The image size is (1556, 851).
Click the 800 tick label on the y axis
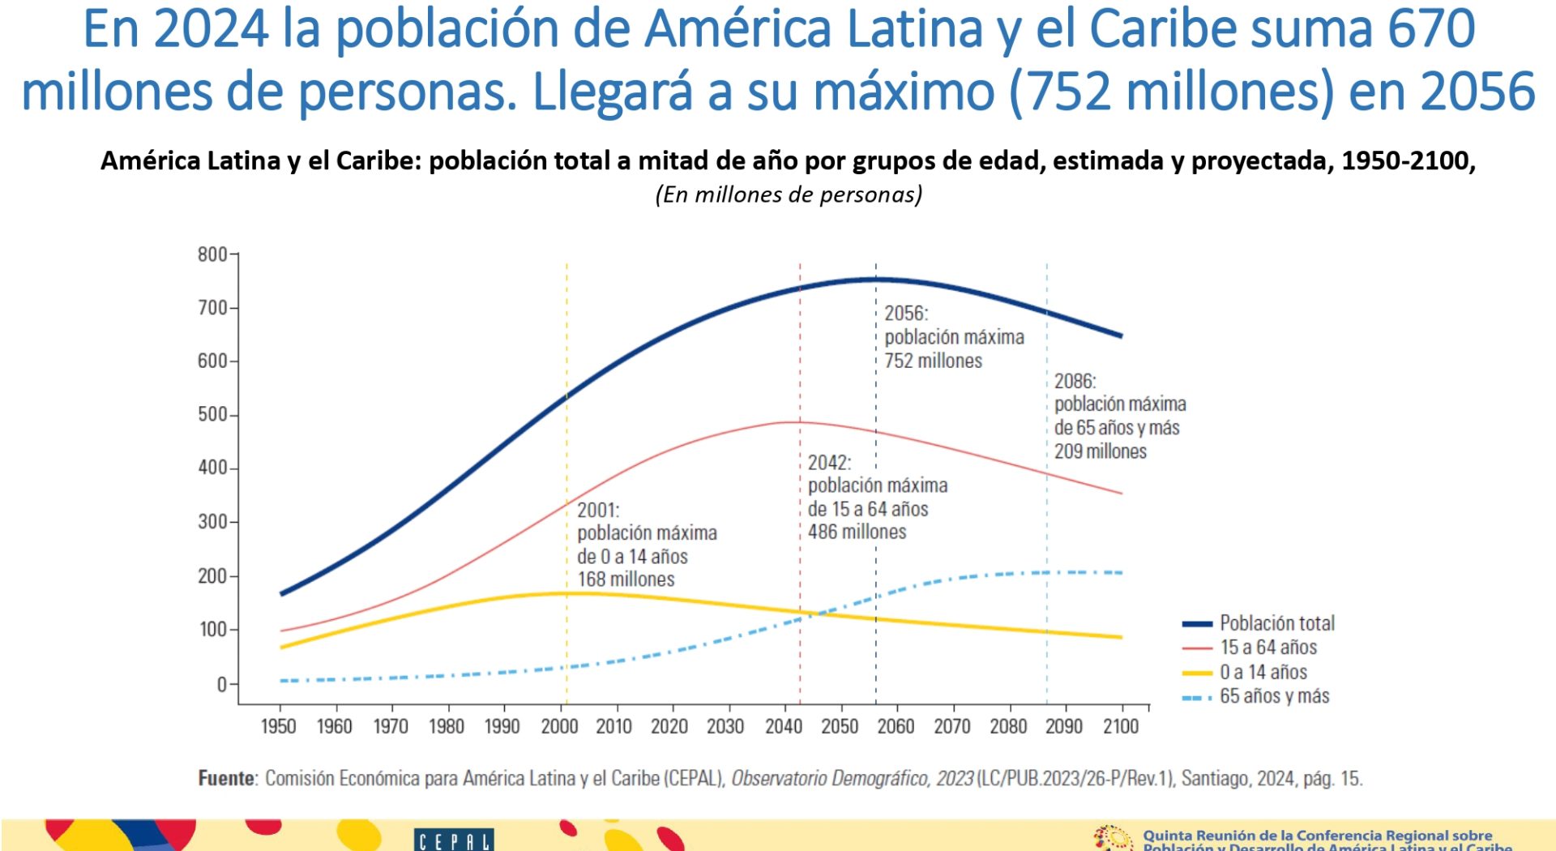212,254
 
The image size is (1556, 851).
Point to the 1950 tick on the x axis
278,725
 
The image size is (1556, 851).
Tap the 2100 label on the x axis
1121,725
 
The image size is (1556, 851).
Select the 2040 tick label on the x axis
783,725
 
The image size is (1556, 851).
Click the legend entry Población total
1276,623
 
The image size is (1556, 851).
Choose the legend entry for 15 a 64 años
1268,648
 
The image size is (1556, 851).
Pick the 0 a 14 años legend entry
1263,672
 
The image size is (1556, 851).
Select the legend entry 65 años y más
1274,696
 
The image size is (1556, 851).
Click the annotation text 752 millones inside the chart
933,361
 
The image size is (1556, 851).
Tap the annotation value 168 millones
626,579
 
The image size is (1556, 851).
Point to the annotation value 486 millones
857,532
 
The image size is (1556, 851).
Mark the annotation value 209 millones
1100,451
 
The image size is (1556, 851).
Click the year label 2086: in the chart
1075,381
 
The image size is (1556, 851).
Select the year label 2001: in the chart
598,510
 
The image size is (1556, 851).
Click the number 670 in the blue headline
1431,29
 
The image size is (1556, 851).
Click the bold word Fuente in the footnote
226,778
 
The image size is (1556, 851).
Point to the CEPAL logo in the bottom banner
454,840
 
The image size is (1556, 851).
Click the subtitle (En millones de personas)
789,195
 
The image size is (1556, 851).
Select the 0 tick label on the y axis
221,685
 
